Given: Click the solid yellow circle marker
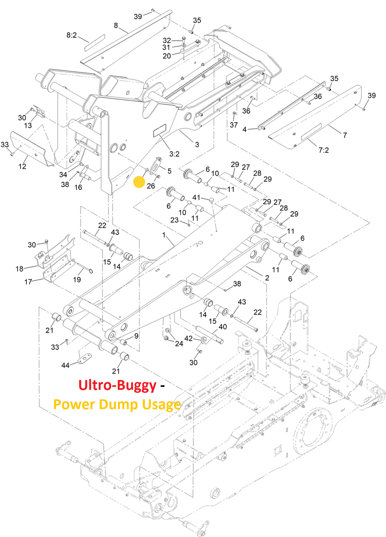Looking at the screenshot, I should [x=139, y=182].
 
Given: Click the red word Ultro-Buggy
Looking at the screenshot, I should [x=117, y=385].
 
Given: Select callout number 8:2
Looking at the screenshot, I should [x=72, y=35].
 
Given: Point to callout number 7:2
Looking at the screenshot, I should [x=323, y=150].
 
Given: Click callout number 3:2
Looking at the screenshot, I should [x=174, y=154].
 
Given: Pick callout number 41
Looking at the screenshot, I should [x=196, y=198].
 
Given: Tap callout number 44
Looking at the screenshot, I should [x=65, y=365].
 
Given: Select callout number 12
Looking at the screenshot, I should [x=22, y=166].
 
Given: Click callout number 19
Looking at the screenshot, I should [x=77, y=279].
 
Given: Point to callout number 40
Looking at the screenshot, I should [x=223, y=327].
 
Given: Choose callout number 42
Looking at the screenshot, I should [x=188, y=338].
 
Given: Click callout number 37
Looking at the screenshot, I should [x=234, y=125].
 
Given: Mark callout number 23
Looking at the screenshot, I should [x=174, y=220].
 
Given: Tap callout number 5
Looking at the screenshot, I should [x=169, y=171].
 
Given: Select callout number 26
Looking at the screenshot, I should [x=151, y=186].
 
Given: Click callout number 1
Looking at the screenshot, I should [x=164, y=235].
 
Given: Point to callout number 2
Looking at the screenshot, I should [x=267, y=278].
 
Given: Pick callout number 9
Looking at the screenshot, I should [x=136, y=336].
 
